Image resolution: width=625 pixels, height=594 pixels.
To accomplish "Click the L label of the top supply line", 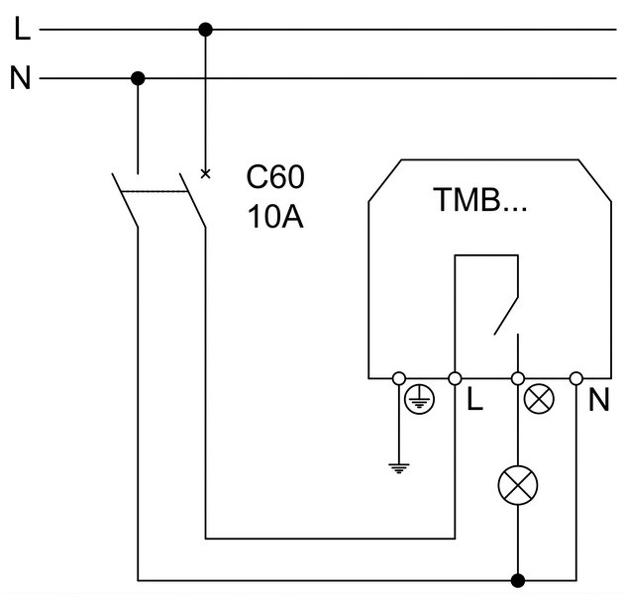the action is pos(22,29).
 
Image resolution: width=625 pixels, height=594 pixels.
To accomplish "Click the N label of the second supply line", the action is pos(21,77).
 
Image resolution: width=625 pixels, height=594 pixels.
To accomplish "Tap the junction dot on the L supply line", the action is pos(205,30).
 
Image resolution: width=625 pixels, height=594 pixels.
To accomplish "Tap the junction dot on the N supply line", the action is pos(138,78).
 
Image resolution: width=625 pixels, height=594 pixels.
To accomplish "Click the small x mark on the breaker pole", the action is pos(205,173).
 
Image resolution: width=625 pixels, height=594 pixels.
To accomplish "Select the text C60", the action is pos(275,177).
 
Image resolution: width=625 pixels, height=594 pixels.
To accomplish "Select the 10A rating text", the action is pos(275,217).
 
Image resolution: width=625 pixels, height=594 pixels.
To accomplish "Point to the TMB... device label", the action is pos(480,199).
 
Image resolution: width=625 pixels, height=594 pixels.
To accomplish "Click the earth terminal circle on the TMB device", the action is pos(399,378).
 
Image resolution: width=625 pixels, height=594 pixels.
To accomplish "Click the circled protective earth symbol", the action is pos(419,399).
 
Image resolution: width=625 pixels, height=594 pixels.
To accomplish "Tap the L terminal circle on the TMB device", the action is pos(455,378).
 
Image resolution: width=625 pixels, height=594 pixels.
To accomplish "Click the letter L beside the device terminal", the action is pos(474,399).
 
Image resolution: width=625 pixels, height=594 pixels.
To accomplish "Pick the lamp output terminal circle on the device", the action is pos(518,378).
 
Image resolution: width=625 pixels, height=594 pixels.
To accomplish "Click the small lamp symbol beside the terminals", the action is pos(539,399).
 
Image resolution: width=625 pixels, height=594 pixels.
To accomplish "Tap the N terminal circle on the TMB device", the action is pos(576,378).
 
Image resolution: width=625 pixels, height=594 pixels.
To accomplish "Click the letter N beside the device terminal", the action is pos(599,399).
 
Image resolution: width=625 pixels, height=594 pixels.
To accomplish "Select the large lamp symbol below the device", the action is pos(518,485).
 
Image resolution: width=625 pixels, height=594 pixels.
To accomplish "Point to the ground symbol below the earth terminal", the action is pos(399,468).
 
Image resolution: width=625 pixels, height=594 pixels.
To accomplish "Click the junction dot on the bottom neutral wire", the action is pos(518,580).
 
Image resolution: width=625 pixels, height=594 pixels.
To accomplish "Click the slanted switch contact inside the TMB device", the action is pos(506,316).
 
